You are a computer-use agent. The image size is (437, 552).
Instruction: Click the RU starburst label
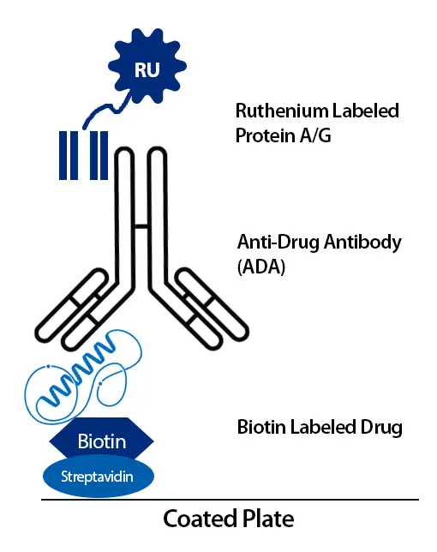point(147,69)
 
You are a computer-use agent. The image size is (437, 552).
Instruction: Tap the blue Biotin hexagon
point(102,441)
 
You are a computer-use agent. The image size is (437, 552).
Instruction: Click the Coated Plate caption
point(228,519)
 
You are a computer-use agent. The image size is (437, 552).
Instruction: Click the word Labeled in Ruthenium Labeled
point(362,111)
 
